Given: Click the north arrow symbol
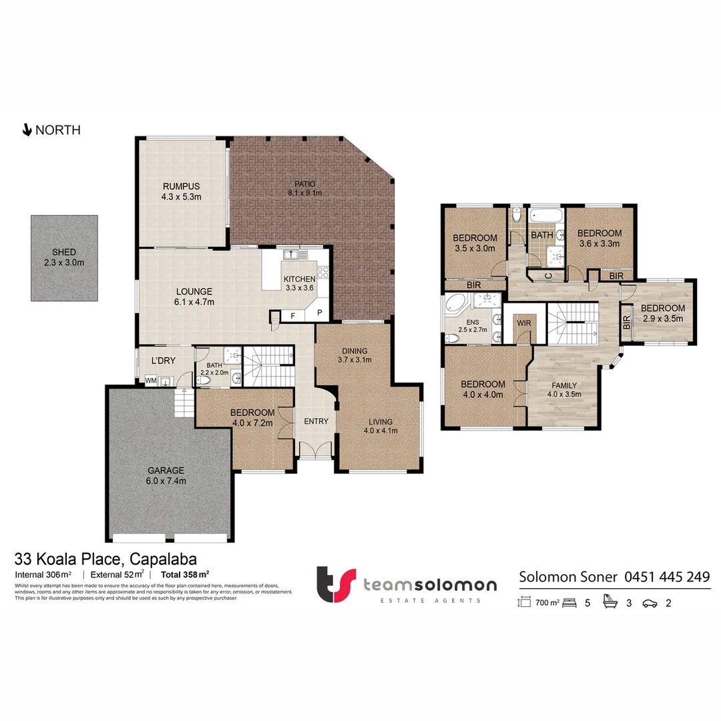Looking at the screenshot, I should click(x=27, y=130).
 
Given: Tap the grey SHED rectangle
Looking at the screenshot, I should click(x=64, y=257).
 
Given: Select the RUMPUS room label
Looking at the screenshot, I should click(x=181, y=186).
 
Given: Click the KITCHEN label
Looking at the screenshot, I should click(x=300, y=279).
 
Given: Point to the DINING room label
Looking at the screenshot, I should click(x=354, y=350).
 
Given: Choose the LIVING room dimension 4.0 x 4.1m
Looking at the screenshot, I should click(x=380, y=431).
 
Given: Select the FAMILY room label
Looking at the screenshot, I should click(x=565, y=385).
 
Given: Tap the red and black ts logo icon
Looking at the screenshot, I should click(x=335, y=585).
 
